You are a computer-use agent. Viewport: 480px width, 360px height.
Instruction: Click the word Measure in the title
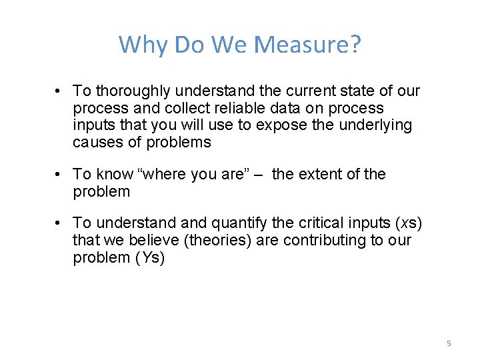pyautogui.click(x=308, y=45)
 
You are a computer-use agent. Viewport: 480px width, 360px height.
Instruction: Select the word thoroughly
pyautogui.click(x=131, y=91)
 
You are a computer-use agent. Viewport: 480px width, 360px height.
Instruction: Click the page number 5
pyautogui.click(x=449, y=343)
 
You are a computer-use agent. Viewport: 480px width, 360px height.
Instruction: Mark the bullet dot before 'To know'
pyautogui.click(x=59, y=175)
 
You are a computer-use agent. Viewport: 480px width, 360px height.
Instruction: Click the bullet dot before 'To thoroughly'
pyautogui.click(x=59, y=91)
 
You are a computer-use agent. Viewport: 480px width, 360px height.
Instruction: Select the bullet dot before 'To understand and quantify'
pyautogui.click(x=59, y=223)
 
